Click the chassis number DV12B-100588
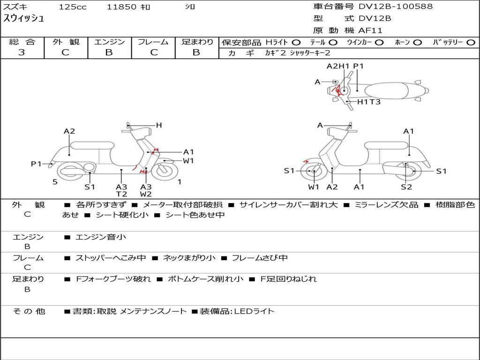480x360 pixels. tap(396, 6)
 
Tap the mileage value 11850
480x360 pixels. tap(121, 7)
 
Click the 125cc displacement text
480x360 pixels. tap(73, 7)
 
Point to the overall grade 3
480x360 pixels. tap(22, 52)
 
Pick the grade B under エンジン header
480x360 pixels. tap(109, 52)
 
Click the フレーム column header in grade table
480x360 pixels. tap(153, 42)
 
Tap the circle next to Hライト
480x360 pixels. tap(296, 43)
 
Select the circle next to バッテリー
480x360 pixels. tap(471, 43)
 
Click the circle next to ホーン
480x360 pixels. tap(417, 43)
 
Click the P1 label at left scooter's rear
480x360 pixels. tap(36, 164)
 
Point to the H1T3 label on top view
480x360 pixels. tap(369, 102)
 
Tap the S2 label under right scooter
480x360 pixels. tap(406, 187)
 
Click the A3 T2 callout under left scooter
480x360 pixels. tap(121, 190)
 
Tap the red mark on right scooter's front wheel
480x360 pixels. tap(306, 161)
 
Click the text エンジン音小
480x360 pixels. tap(100, 237)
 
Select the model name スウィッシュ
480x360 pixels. tap(23, 18)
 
